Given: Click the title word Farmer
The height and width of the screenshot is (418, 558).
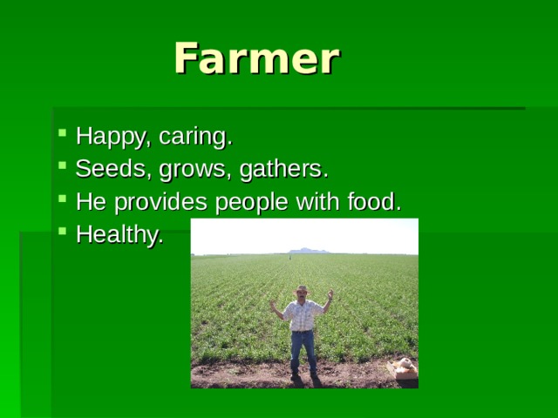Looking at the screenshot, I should pos(255,59).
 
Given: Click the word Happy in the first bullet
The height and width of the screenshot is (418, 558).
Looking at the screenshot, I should pos(103,137).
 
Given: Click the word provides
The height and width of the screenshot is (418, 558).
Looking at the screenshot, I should pos(153,202).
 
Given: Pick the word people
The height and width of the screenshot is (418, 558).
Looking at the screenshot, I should pos(254,202).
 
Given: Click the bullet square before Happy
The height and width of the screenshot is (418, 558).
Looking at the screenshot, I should pos(63,134).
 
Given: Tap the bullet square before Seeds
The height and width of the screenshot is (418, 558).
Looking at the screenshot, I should pos(63,166).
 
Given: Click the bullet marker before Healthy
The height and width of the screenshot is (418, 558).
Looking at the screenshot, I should pos(63,232).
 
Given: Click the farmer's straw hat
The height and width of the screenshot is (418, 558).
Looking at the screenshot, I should pos(302,289).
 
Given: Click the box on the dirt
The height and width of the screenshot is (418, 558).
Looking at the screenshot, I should pos(403,368).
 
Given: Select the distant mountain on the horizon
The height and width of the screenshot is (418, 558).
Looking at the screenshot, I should pos(310,251).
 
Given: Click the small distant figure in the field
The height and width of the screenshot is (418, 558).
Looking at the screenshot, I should pos(289,257).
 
